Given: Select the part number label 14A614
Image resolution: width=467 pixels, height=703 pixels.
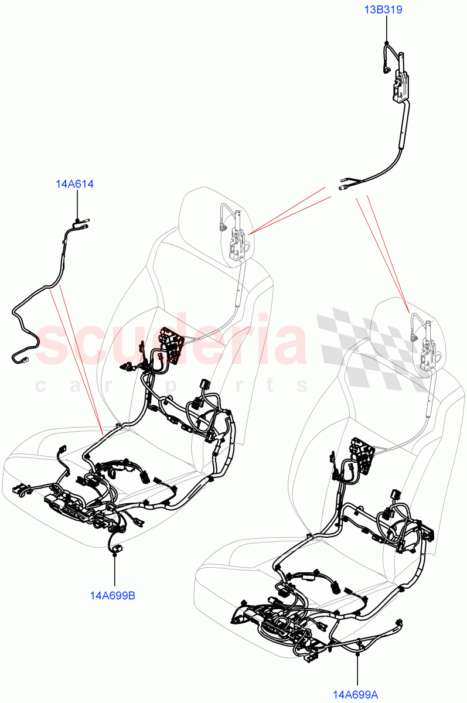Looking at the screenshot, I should click(74, 184).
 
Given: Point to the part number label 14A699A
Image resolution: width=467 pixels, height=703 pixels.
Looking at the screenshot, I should click(357, 695).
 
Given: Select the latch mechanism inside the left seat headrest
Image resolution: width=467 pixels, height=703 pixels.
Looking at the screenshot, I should click(237, 240).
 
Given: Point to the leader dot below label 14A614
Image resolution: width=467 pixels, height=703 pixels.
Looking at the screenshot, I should click(78, 217).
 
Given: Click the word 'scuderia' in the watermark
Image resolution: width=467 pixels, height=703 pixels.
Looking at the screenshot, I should click(170, 342).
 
